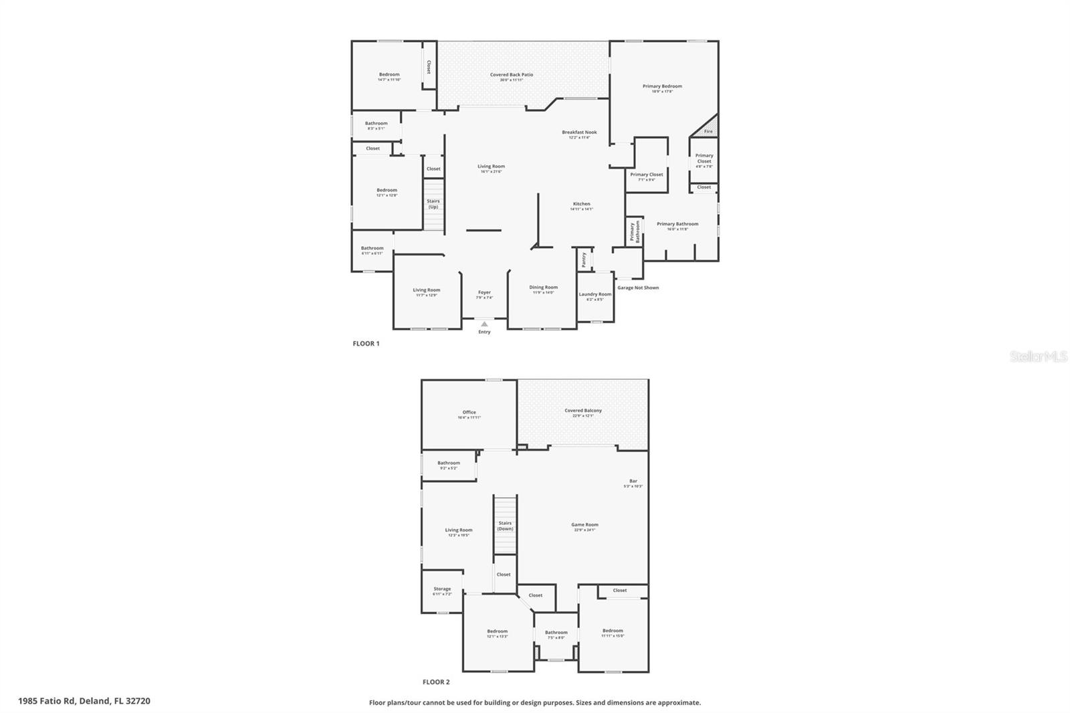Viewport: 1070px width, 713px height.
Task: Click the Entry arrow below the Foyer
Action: click(484, 324)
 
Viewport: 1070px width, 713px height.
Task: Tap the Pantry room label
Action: click(584, 260)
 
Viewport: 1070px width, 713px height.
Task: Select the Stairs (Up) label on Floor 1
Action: click(433, 204)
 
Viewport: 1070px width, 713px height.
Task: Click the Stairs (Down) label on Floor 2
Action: click(505, 526)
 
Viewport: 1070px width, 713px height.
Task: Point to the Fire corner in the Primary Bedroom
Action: click(708, 130)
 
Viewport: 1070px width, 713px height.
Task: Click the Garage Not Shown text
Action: click(638, 288)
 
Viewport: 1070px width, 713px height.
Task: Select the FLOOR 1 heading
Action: click(366, 344)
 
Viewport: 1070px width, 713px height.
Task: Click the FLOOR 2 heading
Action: click(436, 682)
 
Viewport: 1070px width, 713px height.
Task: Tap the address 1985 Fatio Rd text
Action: click(84, 701)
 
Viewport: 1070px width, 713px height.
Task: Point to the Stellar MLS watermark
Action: click(1039, 357)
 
